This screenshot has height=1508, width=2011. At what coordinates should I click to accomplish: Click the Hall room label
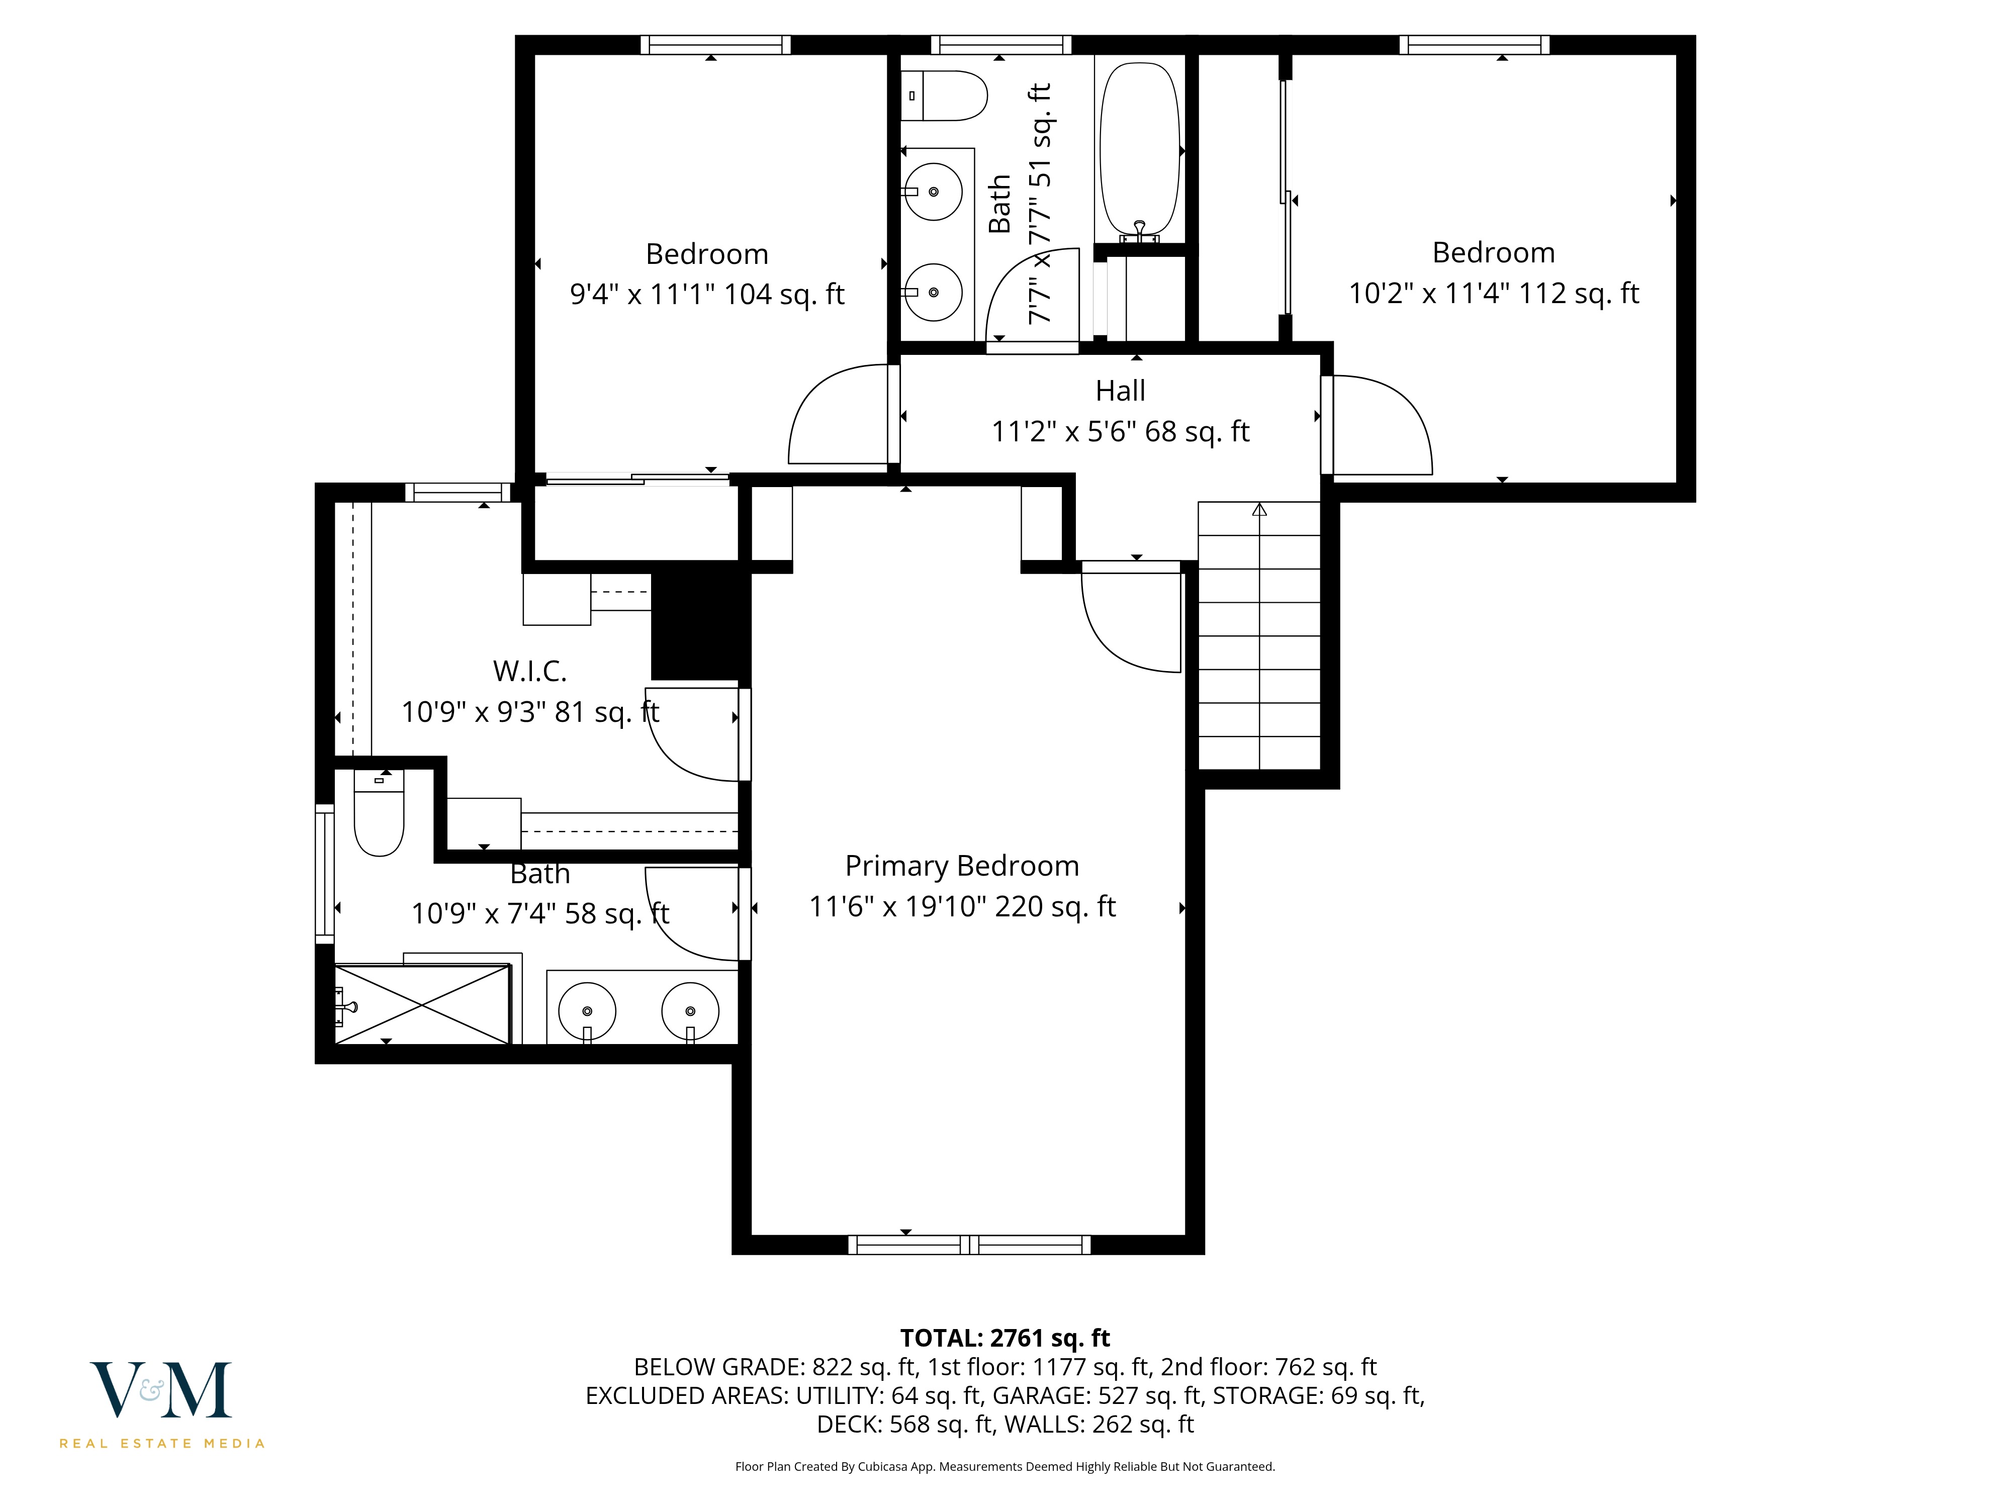(x=1120, y=391)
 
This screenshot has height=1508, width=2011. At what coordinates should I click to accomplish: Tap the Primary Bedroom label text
(x=962, y=866)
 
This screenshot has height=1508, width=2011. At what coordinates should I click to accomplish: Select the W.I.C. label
(x=530, y=672)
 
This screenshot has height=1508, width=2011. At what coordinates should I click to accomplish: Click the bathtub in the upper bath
(x=1139, y=150)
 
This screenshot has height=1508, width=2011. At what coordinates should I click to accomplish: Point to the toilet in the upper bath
(x=946, y=96)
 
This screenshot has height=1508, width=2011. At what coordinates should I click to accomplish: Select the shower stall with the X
(x=423, y=1004)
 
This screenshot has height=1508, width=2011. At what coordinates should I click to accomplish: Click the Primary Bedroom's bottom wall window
(x=969, y=1245)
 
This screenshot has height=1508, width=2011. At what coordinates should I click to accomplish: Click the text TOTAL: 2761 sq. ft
(x=1004, y=1338)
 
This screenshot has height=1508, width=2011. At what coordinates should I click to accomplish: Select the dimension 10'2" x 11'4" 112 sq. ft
(x=1493, y=294)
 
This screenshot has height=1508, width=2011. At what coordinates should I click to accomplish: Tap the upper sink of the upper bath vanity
(x=934, y=192)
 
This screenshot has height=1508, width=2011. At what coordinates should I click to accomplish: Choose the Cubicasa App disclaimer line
(x=1004, y=1466)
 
